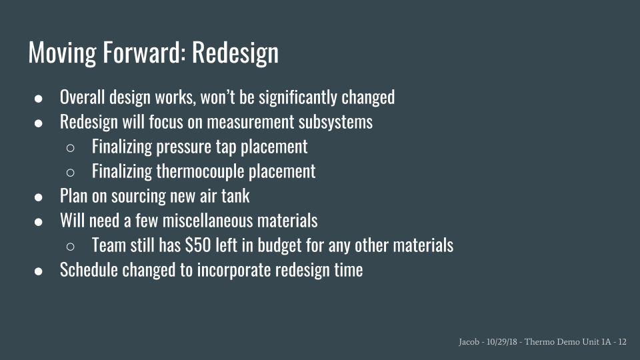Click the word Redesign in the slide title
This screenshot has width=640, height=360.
click(235, 53)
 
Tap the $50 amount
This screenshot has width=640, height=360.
click(198, 245)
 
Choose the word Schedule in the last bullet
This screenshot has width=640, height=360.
click(89, 270)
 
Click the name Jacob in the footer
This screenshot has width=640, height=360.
click(469, 341)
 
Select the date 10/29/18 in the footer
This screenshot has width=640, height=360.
click(501, 341)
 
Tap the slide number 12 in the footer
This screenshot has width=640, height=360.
click(623, 341)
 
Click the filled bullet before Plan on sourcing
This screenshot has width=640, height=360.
click(39, 197)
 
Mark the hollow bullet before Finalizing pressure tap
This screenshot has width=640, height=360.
click(70, 148)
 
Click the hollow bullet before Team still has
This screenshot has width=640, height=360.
click(70, 247)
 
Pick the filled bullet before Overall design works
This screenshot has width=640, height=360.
click(39, 99)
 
